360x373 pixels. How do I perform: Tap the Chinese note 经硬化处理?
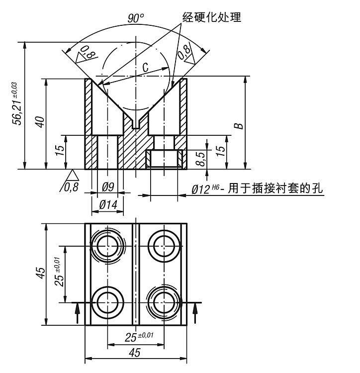click(211, 17)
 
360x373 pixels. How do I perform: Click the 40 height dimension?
click(40, 122)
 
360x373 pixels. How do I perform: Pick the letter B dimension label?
click(239, 124)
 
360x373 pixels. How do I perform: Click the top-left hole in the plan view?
click(107, 245)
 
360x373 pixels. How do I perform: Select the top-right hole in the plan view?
click(164, 245)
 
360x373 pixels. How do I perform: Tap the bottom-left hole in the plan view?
click(107, 301)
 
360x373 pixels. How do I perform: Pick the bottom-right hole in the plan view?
click(164, 301)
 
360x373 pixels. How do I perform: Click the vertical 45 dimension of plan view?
click(40, 274)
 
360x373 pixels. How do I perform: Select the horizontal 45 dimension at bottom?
click(135, 353)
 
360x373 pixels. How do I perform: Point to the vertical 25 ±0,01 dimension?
click(59, 273)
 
